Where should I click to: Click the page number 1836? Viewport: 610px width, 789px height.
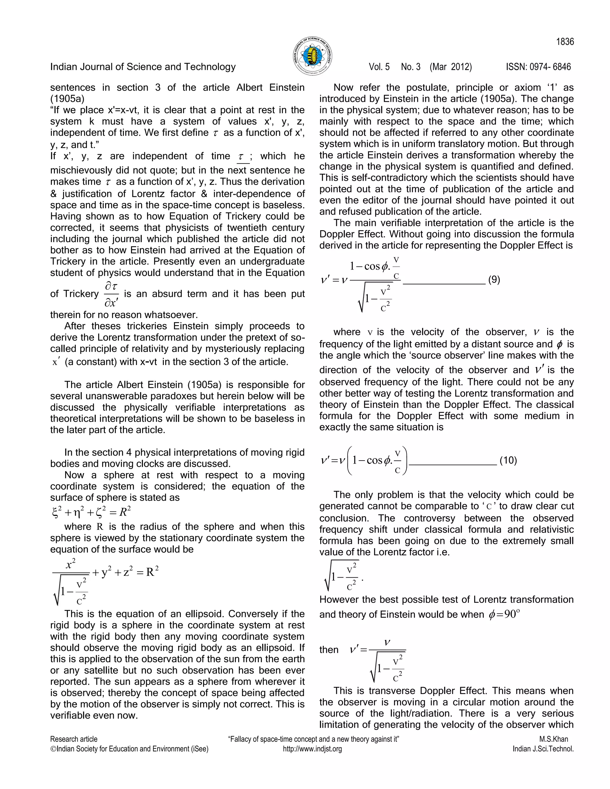pyautogui.click(x=565, y=42)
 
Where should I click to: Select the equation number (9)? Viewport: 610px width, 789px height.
pyautogui.click(x=494, y=280)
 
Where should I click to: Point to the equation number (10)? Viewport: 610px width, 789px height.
pyautogui.click(x=508, y=460)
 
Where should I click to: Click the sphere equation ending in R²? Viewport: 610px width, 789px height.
pyautogui.click(x=91, y=512)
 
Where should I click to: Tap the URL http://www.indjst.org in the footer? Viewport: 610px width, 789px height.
pyautogui.click(x=312, y=749)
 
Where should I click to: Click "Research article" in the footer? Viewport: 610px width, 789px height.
pyautogui.click(x=74, y=739)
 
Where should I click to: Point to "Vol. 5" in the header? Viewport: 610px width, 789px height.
pyautogui.click(x=379, y=67)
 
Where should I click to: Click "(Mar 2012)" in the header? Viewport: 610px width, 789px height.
pyautogui.click(x=451, y=67)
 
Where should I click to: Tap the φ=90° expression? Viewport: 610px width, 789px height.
pyautogui.click(x=504, y=615)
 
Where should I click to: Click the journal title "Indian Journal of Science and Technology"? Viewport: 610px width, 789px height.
pyautogui.click(x=143, y=67)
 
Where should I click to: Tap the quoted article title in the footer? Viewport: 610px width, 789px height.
pyautogui.click(x=313, y=739)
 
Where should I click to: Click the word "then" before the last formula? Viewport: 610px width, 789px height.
pyautogui.click(x=329, y=650)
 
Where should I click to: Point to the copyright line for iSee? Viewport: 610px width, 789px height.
pyautogui.click(x=129, y=749)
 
